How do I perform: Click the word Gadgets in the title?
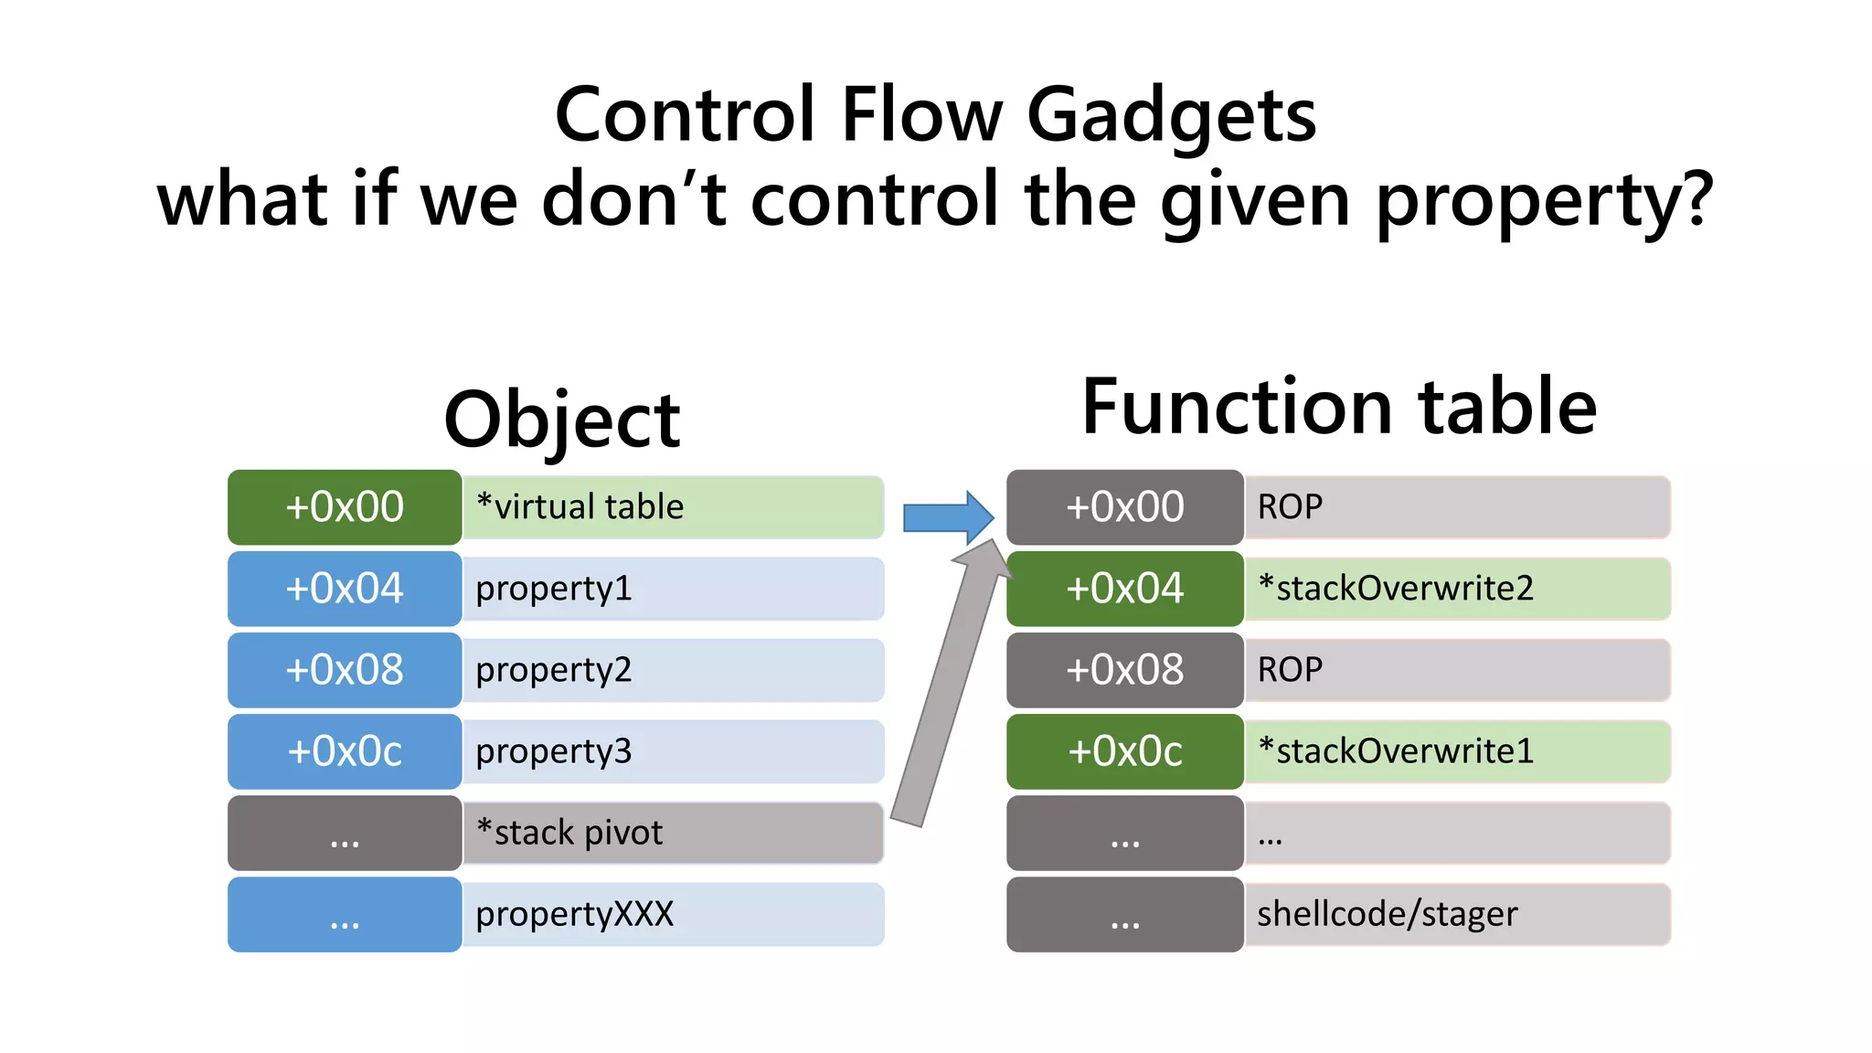pos(1171,116)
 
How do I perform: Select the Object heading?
pos(561,420)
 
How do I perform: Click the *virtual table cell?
pos(673,507)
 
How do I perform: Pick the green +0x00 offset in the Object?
pos(345,507)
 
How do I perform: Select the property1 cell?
pos(673,589)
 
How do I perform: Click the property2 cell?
pos(673,670)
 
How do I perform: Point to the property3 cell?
pos(673,751)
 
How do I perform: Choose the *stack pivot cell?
pos(673,833)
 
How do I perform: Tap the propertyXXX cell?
pos(673,914)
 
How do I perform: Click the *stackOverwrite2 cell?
pos(1457,589)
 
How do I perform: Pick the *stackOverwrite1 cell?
pos(1457,751)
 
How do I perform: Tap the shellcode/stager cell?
pos(1457,914)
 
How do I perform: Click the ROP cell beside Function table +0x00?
pos(1457,507)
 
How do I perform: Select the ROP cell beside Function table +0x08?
pos(1457,670)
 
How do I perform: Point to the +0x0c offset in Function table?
pos(1124,751)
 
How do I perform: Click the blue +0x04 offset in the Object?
pos(345,589)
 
